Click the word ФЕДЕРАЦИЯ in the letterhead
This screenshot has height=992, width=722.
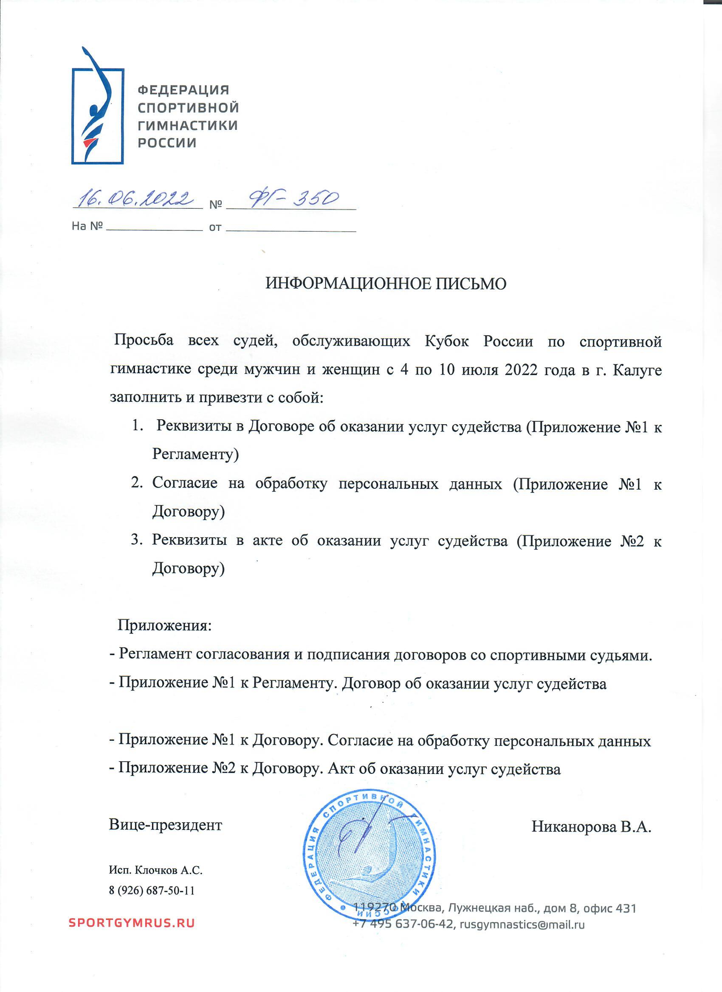point(183,90)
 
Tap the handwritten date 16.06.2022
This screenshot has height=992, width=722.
point(136,199)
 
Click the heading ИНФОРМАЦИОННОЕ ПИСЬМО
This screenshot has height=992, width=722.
point(386,284)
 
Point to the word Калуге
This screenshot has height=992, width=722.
point(637,370)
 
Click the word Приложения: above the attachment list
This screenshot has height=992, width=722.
point(165,625)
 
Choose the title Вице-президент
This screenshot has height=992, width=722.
point(166,825)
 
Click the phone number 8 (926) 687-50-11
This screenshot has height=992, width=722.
point(152,891)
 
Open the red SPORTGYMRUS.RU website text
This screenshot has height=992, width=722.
point(132,923)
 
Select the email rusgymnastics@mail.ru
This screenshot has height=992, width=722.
point(522,924)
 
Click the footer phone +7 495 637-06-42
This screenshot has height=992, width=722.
point(402,924)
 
